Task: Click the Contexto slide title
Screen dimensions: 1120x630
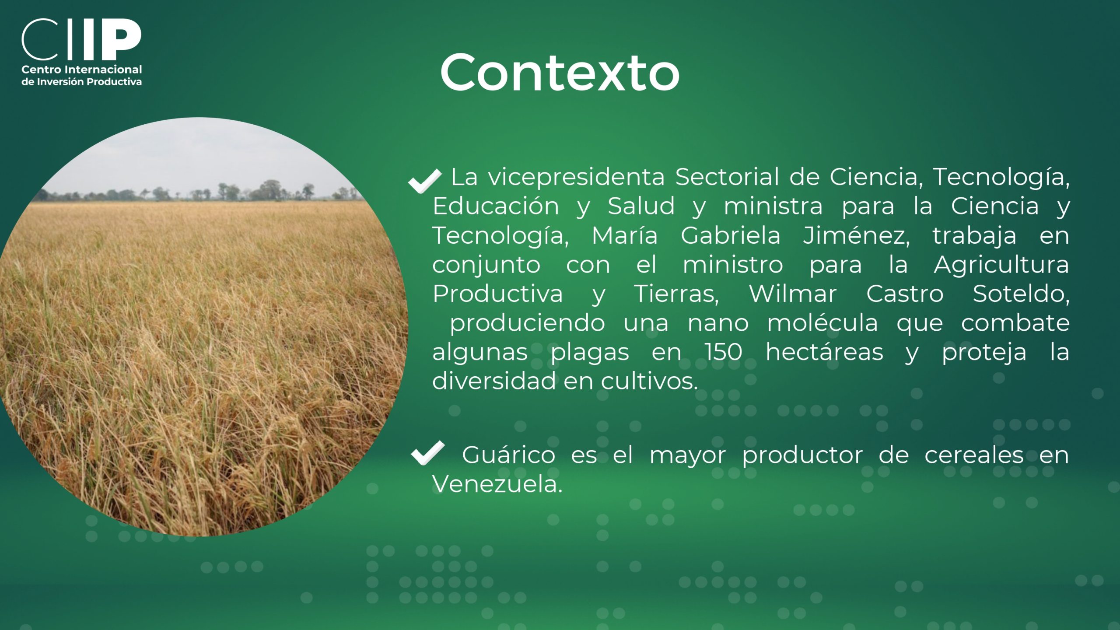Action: (x=560, y=72)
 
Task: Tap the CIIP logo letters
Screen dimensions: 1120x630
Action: (x=81, y=39)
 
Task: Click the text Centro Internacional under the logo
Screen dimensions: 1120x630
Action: (x=82, y=70)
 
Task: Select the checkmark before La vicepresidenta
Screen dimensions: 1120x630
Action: (x=424, y=180)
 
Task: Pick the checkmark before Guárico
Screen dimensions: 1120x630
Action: (x=427, y=453)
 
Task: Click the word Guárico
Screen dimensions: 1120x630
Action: (x=508, y=455)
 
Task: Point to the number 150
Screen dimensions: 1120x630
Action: (x=723, y=352)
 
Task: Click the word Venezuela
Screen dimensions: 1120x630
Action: (x=497, y=484)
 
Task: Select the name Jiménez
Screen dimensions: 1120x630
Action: (x=856, y=235)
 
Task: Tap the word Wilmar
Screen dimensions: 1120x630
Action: (x=793, y=294)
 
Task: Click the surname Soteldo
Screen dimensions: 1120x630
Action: (x=1021, y=294)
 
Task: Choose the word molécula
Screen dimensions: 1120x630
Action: (x=822, y=323)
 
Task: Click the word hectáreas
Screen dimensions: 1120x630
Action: (x=824, y=352)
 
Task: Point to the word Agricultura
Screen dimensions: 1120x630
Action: (x=1001, y=265)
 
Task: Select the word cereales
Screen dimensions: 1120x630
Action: (x=974, y=455)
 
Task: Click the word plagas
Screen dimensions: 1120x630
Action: (x=590, y=353)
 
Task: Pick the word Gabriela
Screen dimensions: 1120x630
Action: (x=731, y=235)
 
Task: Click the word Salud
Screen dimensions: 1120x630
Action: (x=641, y=206)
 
